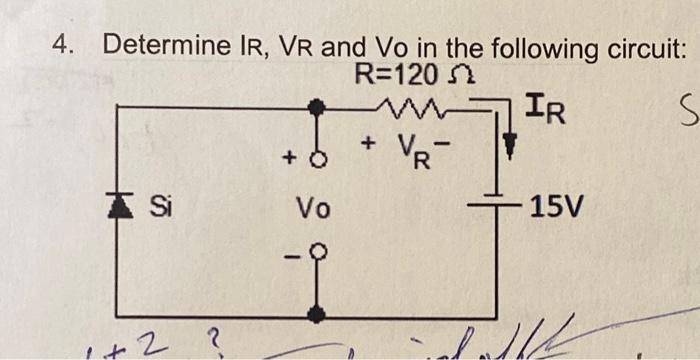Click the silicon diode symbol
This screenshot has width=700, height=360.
tap(119, 208)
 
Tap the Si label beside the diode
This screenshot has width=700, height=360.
tap(158, 208)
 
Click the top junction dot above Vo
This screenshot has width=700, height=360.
tap(316, 103)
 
